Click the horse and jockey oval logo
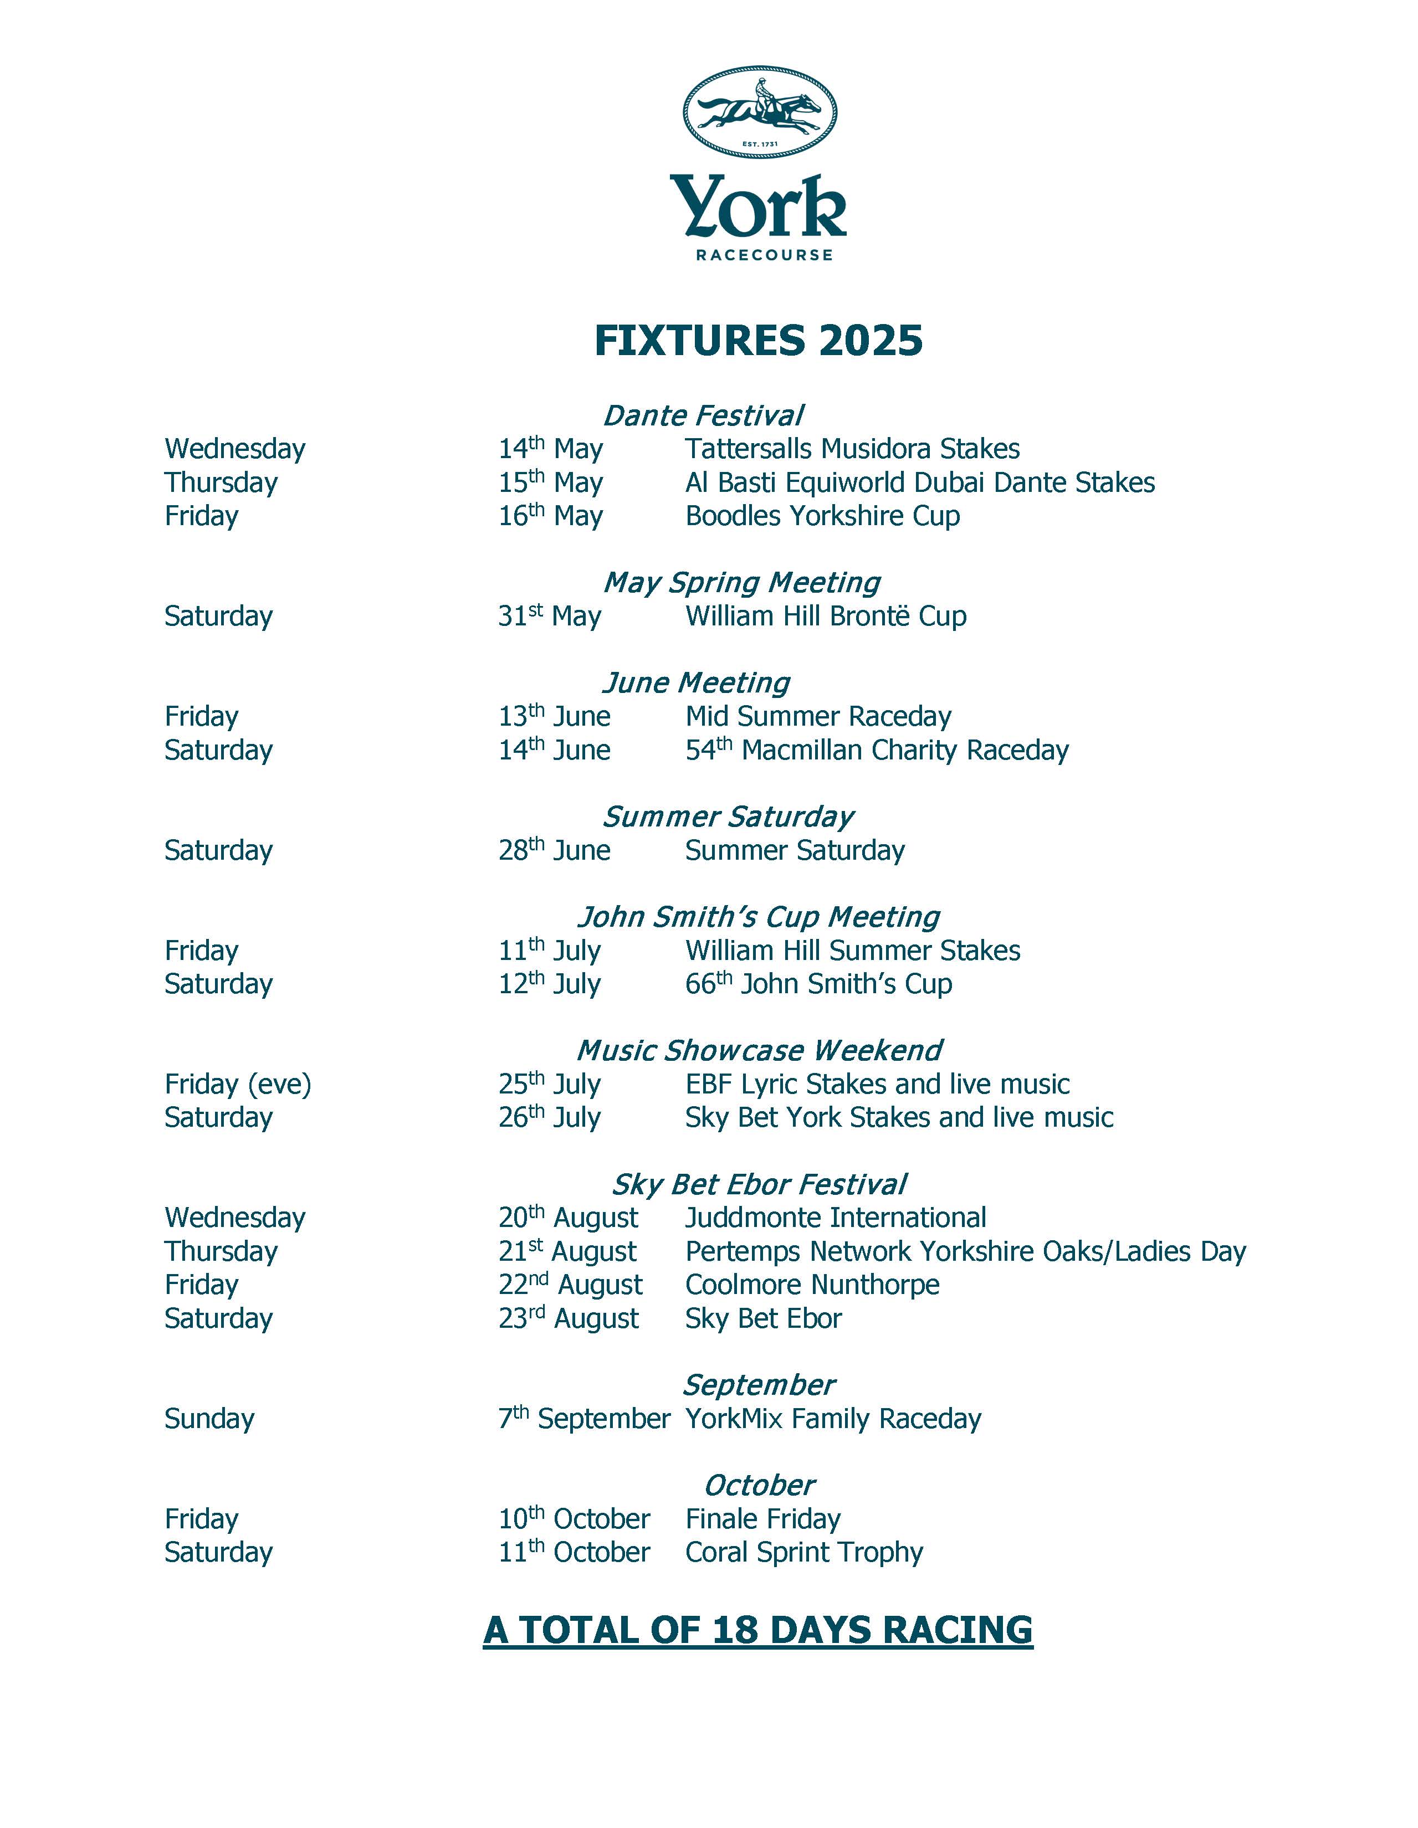coord(759,111)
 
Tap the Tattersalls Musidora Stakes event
coord(852,449)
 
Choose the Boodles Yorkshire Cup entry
coord(822,516)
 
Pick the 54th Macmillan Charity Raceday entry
coord(877,751)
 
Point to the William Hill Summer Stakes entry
coord(852,951)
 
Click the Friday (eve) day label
coord(238,1085)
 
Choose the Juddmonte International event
coord(836,1218)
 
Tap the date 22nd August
coord(570,1285)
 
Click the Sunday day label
coord(209,1419)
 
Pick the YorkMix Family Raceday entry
coord(833,1419)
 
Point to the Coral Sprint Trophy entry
coord(803,1553)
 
